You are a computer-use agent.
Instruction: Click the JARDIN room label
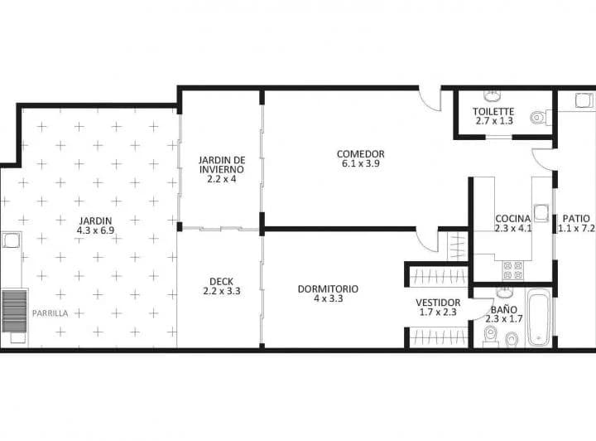point(95,220)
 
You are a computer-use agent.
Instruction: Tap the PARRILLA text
point(50,313)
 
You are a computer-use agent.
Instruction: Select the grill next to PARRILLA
point(14,311)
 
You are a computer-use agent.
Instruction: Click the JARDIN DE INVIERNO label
point(222,164)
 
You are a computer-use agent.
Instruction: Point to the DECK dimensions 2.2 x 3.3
point(222,292)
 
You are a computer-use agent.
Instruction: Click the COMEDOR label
point(360,154)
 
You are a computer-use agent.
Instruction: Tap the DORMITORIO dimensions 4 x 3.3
point(329,298)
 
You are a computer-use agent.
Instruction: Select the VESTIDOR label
point(438,303)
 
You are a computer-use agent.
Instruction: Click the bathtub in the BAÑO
point(538,317)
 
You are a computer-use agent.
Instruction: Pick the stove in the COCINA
point(512,270)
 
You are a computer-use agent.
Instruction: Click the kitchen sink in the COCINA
point(541,213)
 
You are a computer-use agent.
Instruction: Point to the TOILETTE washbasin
point(493,96)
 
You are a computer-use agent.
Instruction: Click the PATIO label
point(576,219)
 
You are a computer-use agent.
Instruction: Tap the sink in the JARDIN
point(11,240)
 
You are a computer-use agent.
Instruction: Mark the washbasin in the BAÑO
point(505,293)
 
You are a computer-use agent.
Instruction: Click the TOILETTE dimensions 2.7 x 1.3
point(494,121)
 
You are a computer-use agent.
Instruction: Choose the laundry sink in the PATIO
point(584,101)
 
